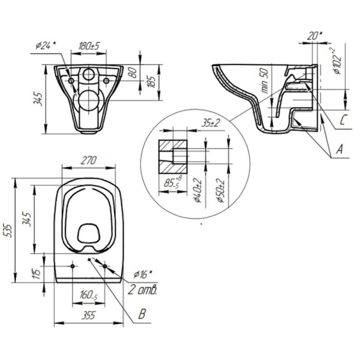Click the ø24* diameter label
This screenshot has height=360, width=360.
pyautogui.click(x=46, y=46)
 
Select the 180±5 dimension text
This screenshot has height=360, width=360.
pyautogui.click(x=89, y=46)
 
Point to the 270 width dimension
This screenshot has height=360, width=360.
pyautogui.click(x=89, y=160)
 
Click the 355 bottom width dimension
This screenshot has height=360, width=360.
pyautogui.click(x=89, y=316)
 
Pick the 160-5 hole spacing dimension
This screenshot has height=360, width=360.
pyautogui.click(x=89, y=295)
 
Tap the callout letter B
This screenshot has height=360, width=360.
pyautogui.click(x=142, y=314)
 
